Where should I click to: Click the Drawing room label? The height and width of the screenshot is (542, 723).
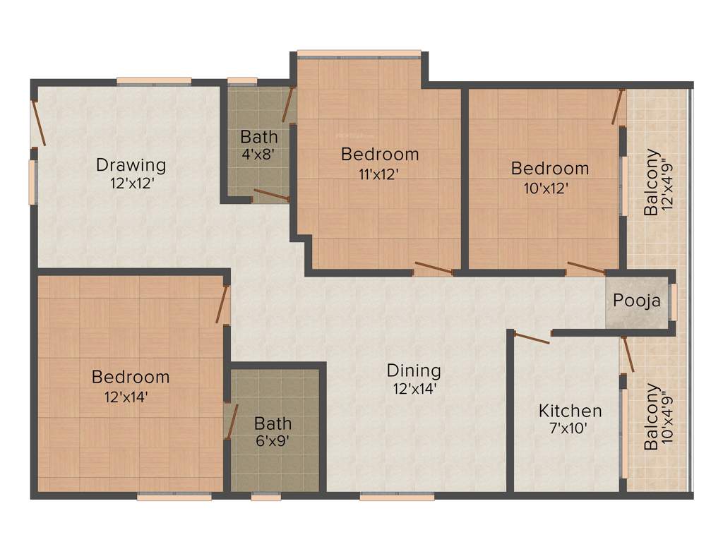click(131, 165)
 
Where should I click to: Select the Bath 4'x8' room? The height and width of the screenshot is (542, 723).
click(259, 144)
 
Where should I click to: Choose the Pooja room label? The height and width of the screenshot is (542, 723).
click(637, 301)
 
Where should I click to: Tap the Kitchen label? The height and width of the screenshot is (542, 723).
click(570, 410)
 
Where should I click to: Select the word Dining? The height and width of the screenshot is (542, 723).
click(414, 370)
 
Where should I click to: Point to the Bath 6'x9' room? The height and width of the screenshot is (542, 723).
click(273, 431)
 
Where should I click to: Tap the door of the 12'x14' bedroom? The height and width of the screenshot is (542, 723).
click(222, 304)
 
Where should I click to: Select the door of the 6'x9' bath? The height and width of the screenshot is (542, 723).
click(232, 422)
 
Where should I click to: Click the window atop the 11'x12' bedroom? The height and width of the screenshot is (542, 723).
click(359, 53)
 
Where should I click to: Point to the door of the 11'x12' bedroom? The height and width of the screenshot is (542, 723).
click(433, 267)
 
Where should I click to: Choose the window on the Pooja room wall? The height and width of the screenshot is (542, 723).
click(674, 301)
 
